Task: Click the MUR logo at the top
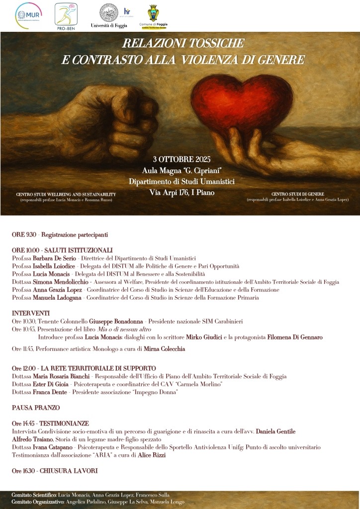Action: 28,13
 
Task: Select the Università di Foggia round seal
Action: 108,12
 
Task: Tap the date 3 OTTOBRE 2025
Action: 182,160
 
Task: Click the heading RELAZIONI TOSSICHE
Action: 182,44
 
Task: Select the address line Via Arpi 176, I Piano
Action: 182,192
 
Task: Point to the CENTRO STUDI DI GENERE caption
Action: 298,194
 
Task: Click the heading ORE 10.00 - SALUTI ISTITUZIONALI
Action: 62,250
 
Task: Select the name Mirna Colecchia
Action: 164,349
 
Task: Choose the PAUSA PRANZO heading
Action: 36,408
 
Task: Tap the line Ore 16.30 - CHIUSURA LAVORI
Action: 55,471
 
